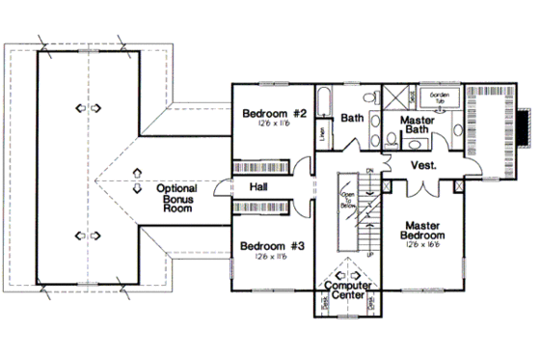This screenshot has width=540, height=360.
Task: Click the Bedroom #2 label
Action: pyautogui.click(x=274, y=113)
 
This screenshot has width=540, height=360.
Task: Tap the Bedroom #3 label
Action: pyautogui.click(x=272, y=245)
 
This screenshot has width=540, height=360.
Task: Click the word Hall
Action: pyautogui.click(x=258, y=186)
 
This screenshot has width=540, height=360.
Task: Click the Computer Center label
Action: pyautogui.click(x=349, y=291)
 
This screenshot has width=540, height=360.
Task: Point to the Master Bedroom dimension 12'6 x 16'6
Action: pyautogui.click(x=422, y=246)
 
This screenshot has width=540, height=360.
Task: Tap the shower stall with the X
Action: pyautogui.click(x=394, y=97)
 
